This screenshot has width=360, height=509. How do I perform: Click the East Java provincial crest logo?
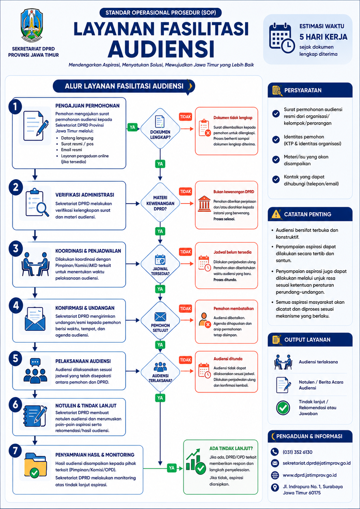(32, 25)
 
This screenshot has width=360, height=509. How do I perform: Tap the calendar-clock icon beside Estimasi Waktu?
(282, 38)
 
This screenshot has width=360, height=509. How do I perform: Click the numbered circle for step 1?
(15, 106)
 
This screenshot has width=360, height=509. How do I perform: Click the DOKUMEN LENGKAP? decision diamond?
(160, 129)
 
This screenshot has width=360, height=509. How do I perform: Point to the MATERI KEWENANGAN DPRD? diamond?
(160, 203)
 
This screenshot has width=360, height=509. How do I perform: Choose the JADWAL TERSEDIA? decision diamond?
(160, 264)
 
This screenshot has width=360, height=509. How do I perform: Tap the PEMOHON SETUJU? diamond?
(160, 320)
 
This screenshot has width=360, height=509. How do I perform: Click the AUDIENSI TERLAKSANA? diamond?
(160, 372)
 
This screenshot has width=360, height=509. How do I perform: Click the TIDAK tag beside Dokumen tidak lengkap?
(185, 117)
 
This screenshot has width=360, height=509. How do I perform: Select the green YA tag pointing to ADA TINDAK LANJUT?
(172, 468)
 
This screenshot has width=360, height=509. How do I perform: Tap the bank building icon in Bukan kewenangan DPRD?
(204, 204)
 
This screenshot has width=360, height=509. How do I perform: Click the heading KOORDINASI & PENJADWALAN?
(88, 251)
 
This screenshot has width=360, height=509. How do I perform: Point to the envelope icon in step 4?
(35, 319)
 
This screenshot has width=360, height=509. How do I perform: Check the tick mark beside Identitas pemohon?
(276, 140)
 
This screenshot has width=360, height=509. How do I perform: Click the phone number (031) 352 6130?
(298, 452)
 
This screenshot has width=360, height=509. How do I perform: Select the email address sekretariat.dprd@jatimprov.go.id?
(317, 463)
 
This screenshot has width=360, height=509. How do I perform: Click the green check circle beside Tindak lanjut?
(283, 408)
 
